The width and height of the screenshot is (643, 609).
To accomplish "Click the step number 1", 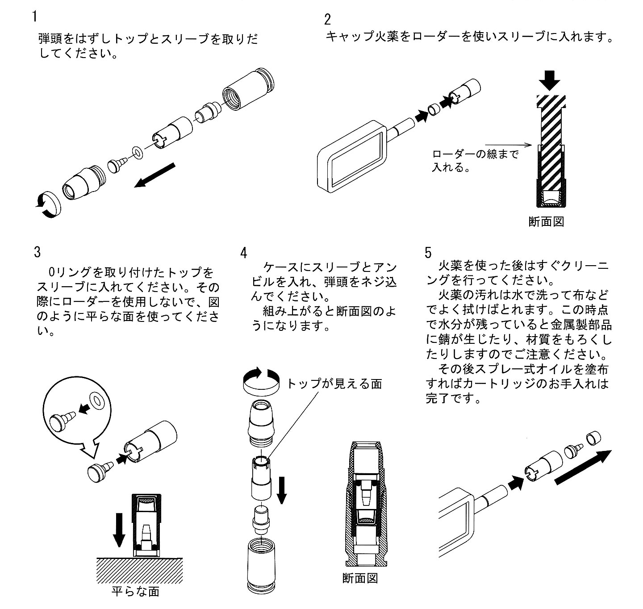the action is click(35, 17).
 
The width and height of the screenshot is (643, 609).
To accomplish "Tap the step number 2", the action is click(327, 20).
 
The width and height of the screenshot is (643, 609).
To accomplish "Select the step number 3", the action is click(37, 252).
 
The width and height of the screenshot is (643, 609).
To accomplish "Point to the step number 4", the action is click(243, 253).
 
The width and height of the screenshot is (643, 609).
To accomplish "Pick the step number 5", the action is click(428, 253).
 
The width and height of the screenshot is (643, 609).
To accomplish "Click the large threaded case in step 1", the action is click(248, 89).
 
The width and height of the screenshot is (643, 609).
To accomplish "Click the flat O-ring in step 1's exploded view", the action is click(138, 152).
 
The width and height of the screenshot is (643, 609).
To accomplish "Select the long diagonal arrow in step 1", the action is click(154, 175).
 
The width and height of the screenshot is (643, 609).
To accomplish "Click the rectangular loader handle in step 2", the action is click(352, 157).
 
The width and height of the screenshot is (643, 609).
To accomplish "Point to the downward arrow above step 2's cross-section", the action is click(550, 80).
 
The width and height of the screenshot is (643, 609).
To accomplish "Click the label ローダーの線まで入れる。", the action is click(475, 161).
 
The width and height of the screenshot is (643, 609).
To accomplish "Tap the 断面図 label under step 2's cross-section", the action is click(546, 222).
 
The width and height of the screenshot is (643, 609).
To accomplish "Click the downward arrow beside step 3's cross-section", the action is click(119, 530).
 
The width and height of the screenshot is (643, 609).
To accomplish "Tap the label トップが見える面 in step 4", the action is click(334, 384).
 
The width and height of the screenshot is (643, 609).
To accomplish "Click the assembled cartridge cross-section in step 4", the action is click(366, 504).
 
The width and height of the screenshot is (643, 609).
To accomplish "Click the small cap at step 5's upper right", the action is click(594, 438).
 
